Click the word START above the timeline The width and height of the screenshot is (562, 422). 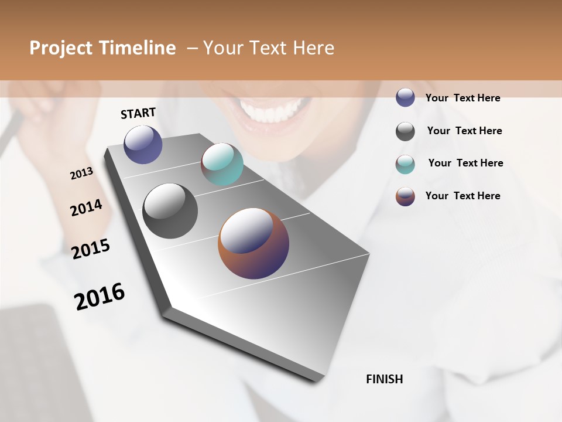coord(138,113)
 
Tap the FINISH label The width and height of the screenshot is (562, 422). coord(384,379)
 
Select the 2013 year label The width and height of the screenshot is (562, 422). coord(81,173)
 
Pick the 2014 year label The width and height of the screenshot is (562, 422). coord(86,207)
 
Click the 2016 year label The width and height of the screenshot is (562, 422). coord(100,296)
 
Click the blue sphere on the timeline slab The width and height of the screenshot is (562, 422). coord(143,144)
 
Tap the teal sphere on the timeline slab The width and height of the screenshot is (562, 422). coord(222,164)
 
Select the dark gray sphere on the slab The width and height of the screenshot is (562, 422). coord(170,211)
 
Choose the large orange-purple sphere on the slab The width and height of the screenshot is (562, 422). coord(253,243)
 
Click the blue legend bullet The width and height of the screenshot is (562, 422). coord(405,98)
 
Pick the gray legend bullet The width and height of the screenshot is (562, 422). coord(405,131)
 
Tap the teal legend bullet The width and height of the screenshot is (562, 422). coord(405,164)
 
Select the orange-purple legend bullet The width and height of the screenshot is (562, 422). coord(405,196)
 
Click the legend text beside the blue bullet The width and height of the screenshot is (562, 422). coord(462,98)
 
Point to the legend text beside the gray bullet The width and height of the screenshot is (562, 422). coord(464,131)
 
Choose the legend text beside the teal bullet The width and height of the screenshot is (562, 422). coord(465,163)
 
